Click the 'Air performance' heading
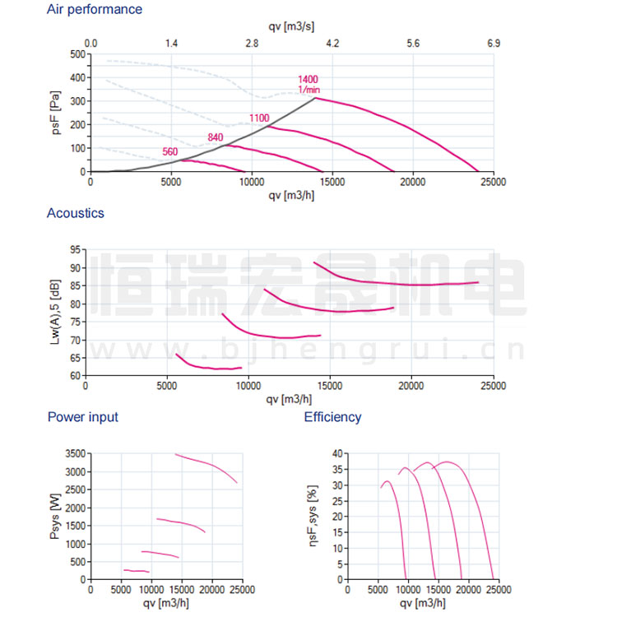coord(95,10)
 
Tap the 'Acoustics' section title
coord(76,213)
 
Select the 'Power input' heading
coord(83,417)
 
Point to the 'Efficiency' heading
coord(332,417)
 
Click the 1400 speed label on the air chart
coord(308,79)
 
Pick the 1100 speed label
coord(259,118)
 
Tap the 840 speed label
coord(216,137)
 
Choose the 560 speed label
coord(170,151)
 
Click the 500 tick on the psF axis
coord(77,54)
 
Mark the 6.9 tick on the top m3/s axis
coord(493,42)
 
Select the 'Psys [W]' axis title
coord(55,517)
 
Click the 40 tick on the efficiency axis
coord(336,454)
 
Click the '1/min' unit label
coord(308,89)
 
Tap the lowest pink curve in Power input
coord(136,570)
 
